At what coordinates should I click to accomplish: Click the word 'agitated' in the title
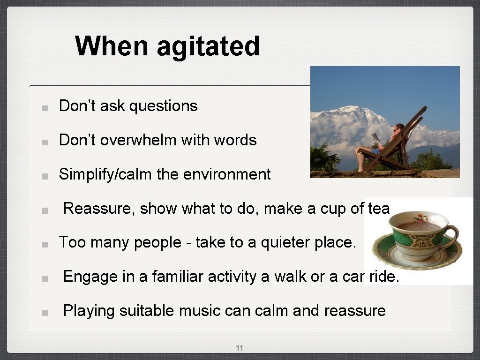tap(208, 46)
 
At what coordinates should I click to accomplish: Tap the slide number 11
tap(240, 348)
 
